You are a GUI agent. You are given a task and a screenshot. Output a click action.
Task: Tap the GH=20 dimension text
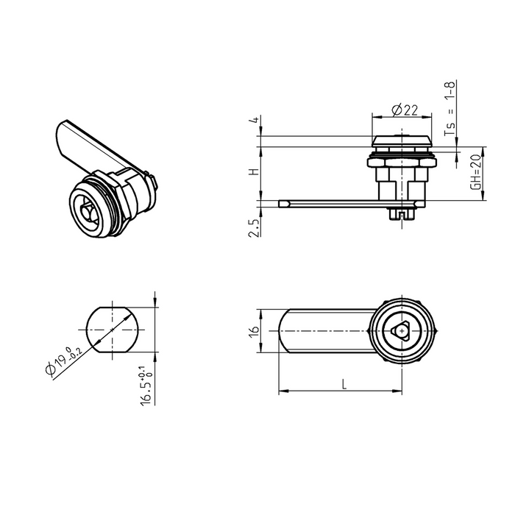(475, 173)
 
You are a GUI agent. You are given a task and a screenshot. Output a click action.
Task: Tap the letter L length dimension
(343, 383)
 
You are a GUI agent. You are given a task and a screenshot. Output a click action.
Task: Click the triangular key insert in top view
(401, 332)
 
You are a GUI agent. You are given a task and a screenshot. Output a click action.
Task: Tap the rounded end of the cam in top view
(285, 332)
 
